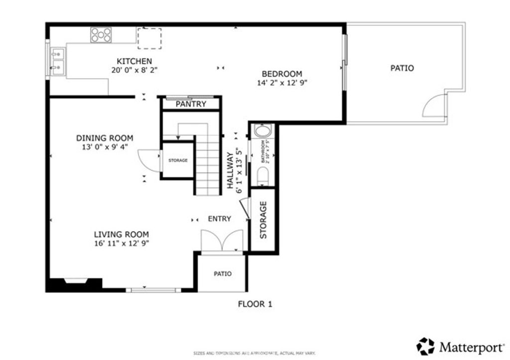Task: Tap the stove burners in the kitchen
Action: point(101,34)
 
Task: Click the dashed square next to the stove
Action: point(149,38)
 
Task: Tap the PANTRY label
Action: point(191,104)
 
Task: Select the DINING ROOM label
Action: point(105,138)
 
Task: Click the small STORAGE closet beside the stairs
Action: point(178,160)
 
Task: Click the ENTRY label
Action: point(220,219)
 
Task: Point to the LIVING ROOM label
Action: point(122,235)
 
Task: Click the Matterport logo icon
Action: point(425,345)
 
